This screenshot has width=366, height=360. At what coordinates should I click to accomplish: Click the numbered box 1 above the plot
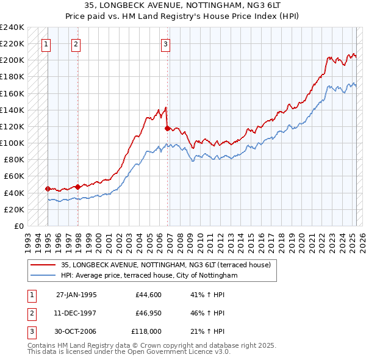click(47, 44)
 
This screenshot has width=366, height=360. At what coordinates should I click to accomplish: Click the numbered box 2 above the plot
click(76, 44)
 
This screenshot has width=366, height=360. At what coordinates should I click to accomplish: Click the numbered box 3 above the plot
click(166, 44)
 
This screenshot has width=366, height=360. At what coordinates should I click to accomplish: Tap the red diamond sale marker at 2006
click(167, 128)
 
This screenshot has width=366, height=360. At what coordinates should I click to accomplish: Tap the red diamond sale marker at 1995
click(48, 189)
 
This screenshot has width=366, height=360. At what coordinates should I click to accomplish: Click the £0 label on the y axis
click(19, 226)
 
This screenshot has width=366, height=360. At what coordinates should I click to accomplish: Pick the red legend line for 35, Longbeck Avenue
click(43, 265)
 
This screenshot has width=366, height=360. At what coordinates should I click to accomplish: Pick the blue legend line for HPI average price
click(43, 276)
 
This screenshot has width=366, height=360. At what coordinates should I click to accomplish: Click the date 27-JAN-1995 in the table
click(76, 294)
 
